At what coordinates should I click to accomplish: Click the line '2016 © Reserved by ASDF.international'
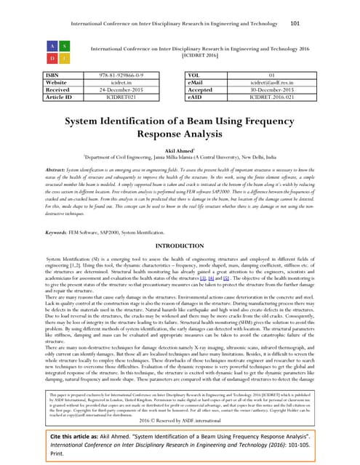pyautogui.click(x=180, y=419)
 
